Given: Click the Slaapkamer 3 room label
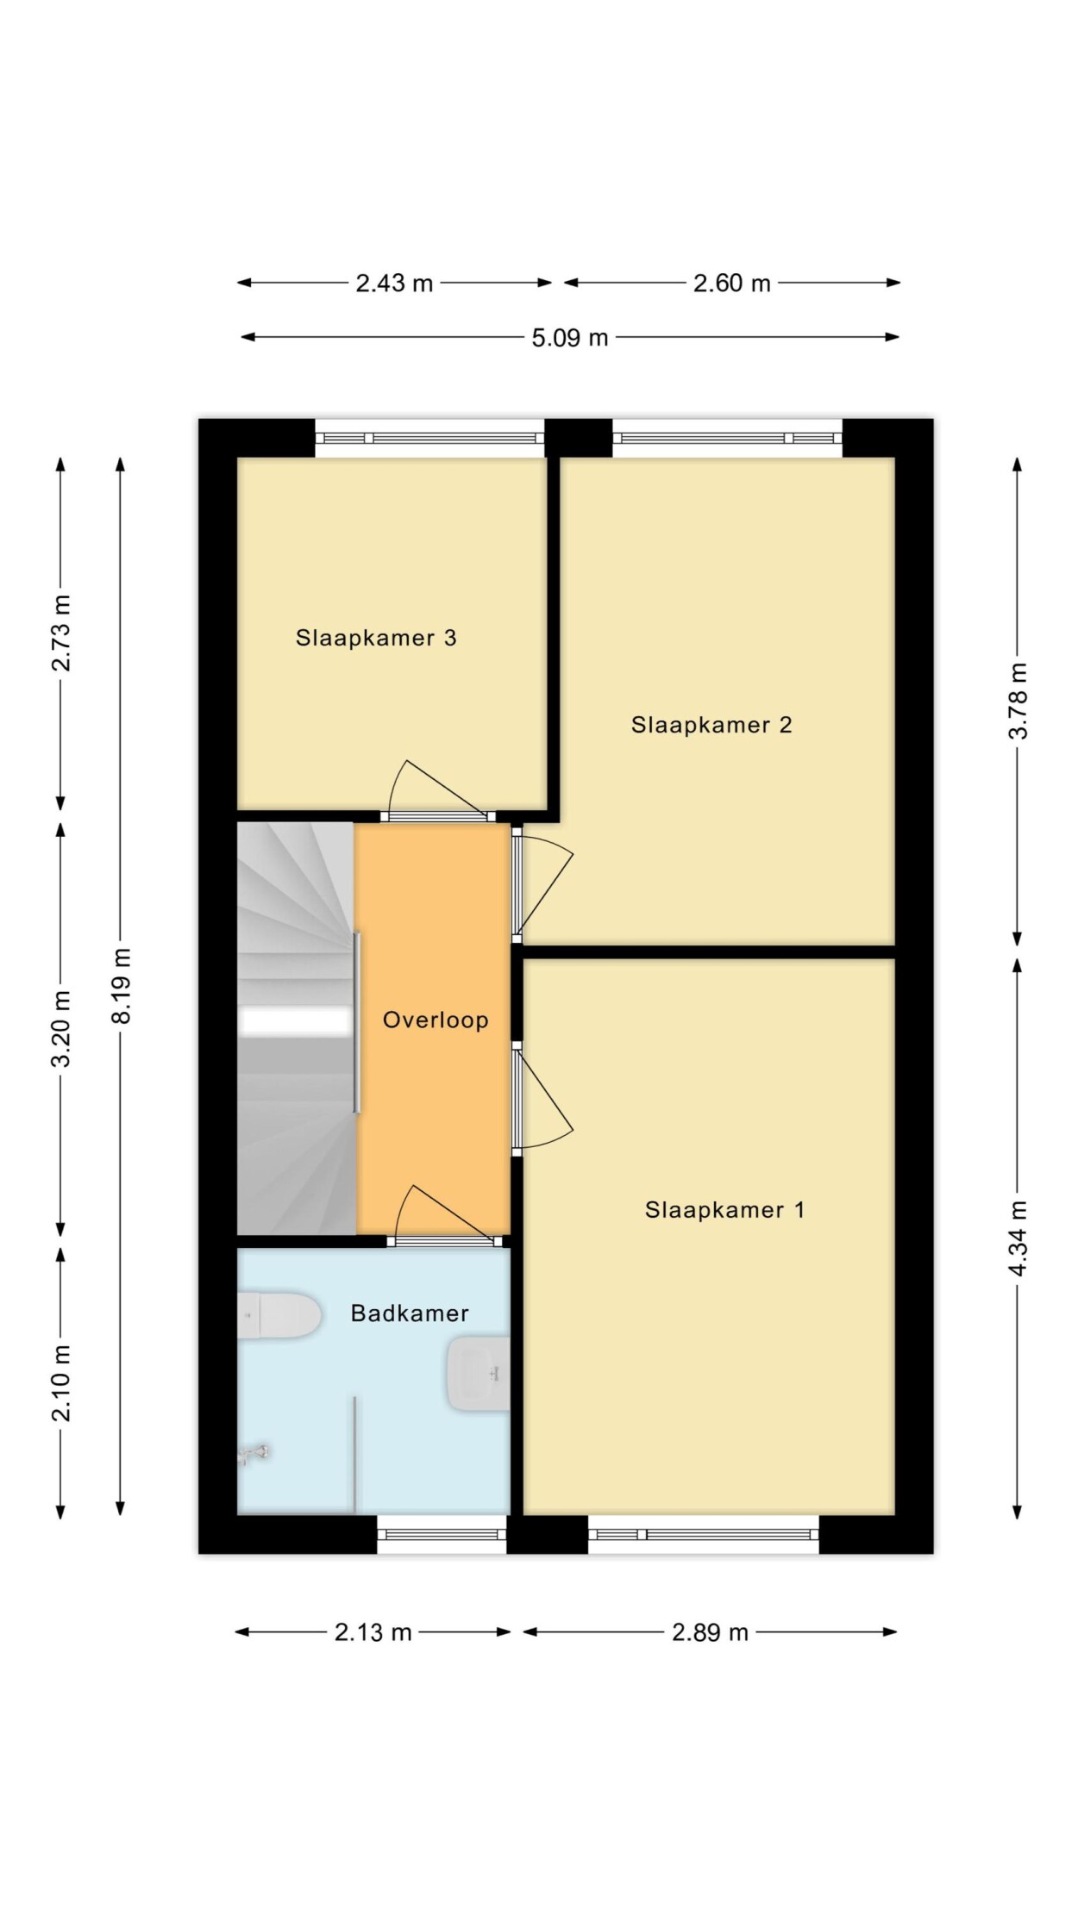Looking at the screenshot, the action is [376, 638].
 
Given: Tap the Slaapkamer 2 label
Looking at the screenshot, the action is [711, 725].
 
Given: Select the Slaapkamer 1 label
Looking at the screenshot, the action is [724, 1210].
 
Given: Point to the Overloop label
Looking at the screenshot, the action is [436, 1020].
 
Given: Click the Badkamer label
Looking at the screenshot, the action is [410, 1313].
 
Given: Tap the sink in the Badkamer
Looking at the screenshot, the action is [479, 1374].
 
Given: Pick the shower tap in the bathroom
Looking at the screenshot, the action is [254, 1455].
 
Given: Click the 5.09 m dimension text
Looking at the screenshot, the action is [570, 338].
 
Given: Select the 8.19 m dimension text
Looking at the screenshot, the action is [122, 986].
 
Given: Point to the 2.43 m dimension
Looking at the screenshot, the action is [394, 283].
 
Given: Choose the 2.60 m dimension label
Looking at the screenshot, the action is [732, 283].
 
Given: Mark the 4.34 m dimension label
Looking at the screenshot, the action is [1018, 1238].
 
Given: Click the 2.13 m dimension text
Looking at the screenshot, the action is [373, 1632].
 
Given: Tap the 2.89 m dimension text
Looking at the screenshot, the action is [711, 1632].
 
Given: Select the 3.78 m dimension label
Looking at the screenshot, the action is [1018, 701].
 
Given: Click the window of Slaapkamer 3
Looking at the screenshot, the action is [429, 438].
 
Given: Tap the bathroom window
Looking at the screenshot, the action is [442, 1534].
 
